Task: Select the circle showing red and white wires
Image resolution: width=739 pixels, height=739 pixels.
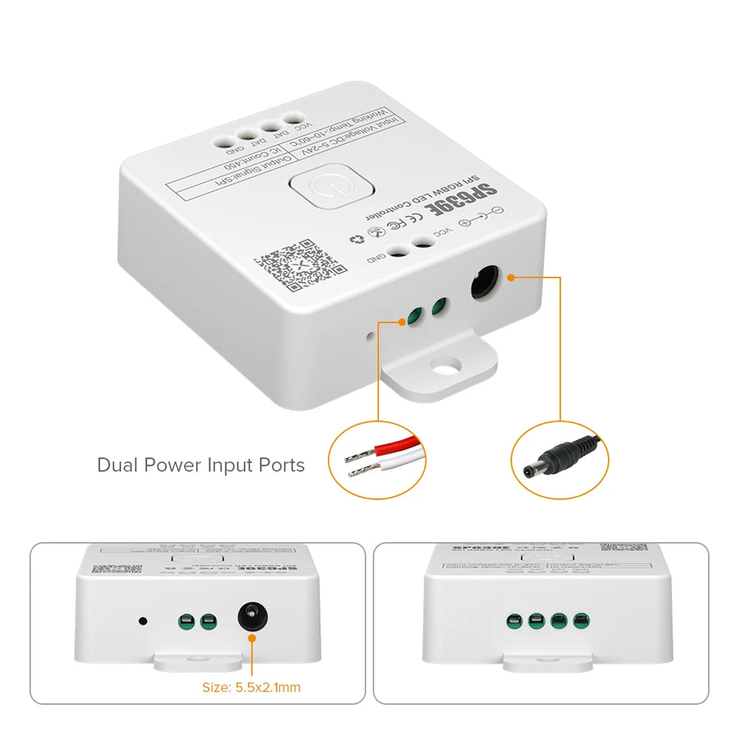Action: tap(377, 460)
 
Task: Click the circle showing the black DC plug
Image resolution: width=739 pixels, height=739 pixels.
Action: tap(560, 460)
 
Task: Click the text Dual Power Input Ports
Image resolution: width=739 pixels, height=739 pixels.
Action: tap(201, 465)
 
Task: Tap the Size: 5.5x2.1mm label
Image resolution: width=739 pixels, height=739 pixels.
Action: tap(251, 687)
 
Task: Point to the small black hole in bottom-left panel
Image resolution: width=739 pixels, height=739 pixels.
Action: tap(142, 620)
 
